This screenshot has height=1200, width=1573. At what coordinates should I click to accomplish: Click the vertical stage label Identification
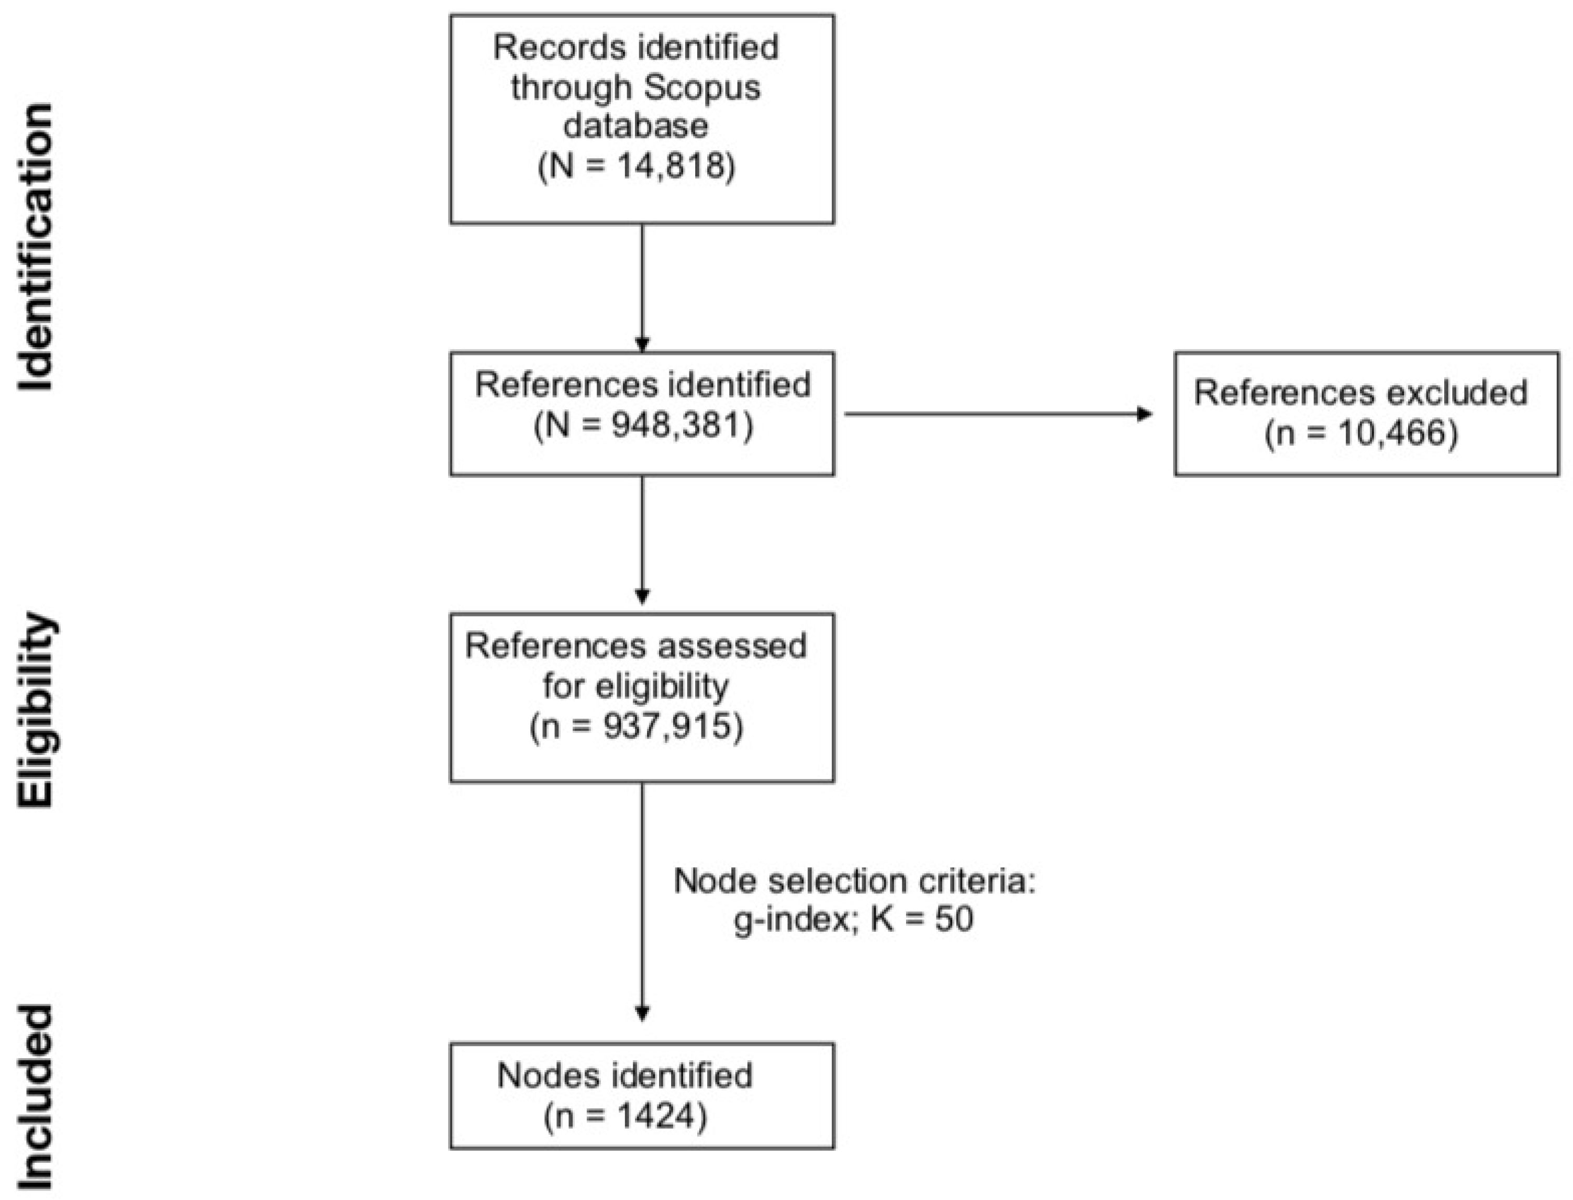pos(36,247)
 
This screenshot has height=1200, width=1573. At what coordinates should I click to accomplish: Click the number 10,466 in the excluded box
pos(1383,433)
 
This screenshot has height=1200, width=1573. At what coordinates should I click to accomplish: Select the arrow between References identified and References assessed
pos(641,539)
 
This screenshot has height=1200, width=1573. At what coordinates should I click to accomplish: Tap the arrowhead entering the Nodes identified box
pos(641,1013)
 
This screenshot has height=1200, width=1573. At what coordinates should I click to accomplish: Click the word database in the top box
pos(635,126)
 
